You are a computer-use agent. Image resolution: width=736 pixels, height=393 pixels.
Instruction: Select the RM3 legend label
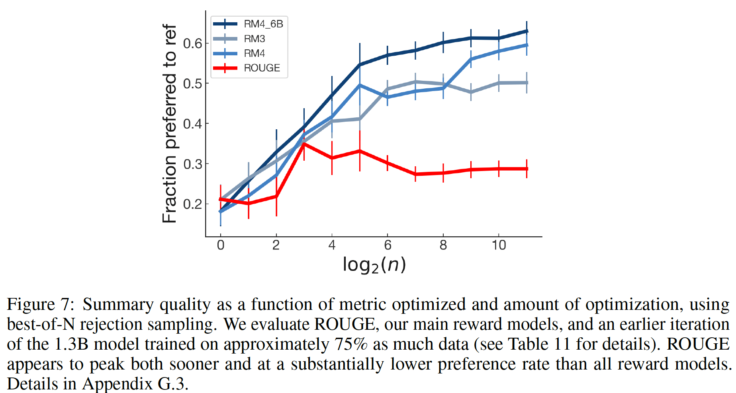254,39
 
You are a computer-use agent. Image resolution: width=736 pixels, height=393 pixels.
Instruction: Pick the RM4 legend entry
254,54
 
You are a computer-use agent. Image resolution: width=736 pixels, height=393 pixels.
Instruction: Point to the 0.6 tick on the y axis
193,43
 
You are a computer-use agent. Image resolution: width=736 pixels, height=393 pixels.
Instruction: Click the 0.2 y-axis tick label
193,204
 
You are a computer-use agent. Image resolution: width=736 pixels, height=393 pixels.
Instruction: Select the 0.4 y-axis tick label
193,124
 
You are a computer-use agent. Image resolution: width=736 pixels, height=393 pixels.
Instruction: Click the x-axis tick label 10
499,245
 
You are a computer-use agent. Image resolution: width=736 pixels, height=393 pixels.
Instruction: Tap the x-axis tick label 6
388,245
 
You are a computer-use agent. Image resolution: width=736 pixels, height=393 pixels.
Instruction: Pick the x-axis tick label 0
221,245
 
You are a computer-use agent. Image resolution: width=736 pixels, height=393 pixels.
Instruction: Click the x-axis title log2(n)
374,265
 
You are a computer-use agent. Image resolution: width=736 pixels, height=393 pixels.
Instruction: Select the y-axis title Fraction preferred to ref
169,123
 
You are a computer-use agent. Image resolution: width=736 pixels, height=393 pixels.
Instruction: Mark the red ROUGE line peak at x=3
304,144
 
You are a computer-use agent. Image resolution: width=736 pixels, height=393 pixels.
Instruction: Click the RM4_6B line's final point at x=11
527,31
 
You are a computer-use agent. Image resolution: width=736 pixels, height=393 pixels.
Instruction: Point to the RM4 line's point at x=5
360,85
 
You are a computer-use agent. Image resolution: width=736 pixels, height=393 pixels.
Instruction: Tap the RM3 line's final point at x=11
527,83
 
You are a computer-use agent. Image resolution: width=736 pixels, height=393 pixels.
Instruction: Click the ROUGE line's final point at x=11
527,169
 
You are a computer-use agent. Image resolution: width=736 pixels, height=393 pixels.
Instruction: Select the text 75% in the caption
351,344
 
